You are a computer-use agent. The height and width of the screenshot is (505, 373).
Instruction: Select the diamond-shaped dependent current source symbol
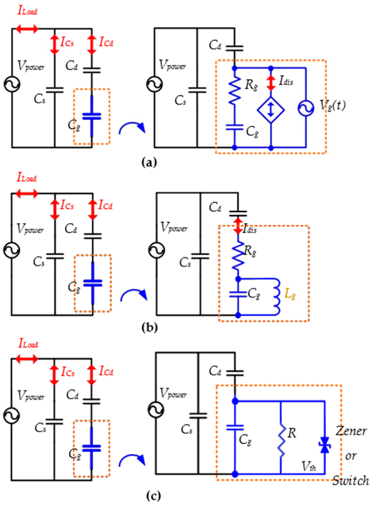click(270, 110)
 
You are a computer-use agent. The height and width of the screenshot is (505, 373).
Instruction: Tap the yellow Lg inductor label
click(290, 294)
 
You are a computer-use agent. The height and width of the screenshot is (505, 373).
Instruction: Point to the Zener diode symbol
click(324, 445)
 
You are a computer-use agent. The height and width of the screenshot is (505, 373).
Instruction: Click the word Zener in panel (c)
click(351, 431)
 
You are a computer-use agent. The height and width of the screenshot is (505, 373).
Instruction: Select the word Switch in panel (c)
click(351, 480)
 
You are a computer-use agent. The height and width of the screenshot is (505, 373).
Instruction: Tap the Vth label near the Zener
click(309, 467)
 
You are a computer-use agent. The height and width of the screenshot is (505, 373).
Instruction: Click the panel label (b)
click(149, 327)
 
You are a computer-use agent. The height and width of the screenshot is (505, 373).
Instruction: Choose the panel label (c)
click(153, 496)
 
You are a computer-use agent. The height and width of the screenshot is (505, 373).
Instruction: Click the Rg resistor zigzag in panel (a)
click(234, 91)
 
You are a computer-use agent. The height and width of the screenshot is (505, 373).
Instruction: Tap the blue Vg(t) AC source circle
click(306, 108)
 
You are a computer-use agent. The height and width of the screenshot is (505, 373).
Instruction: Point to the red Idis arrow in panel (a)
click(271, 83)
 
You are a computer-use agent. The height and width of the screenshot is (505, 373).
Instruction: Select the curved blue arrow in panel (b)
click(133, 295)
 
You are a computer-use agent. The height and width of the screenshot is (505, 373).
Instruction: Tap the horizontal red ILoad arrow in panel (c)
click(27, 359)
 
